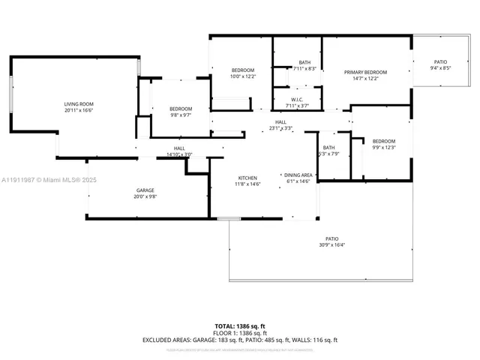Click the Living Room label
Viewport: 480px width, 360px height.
[x=78, y=104]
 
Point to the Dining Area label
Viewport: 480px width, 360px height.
[x=298, y=175]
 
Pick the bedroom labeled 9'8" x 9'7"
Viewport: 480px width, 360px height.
[x=180, y=109]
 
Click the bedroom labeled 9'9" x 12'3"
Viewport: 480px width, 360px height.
[x=383, y=141]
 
